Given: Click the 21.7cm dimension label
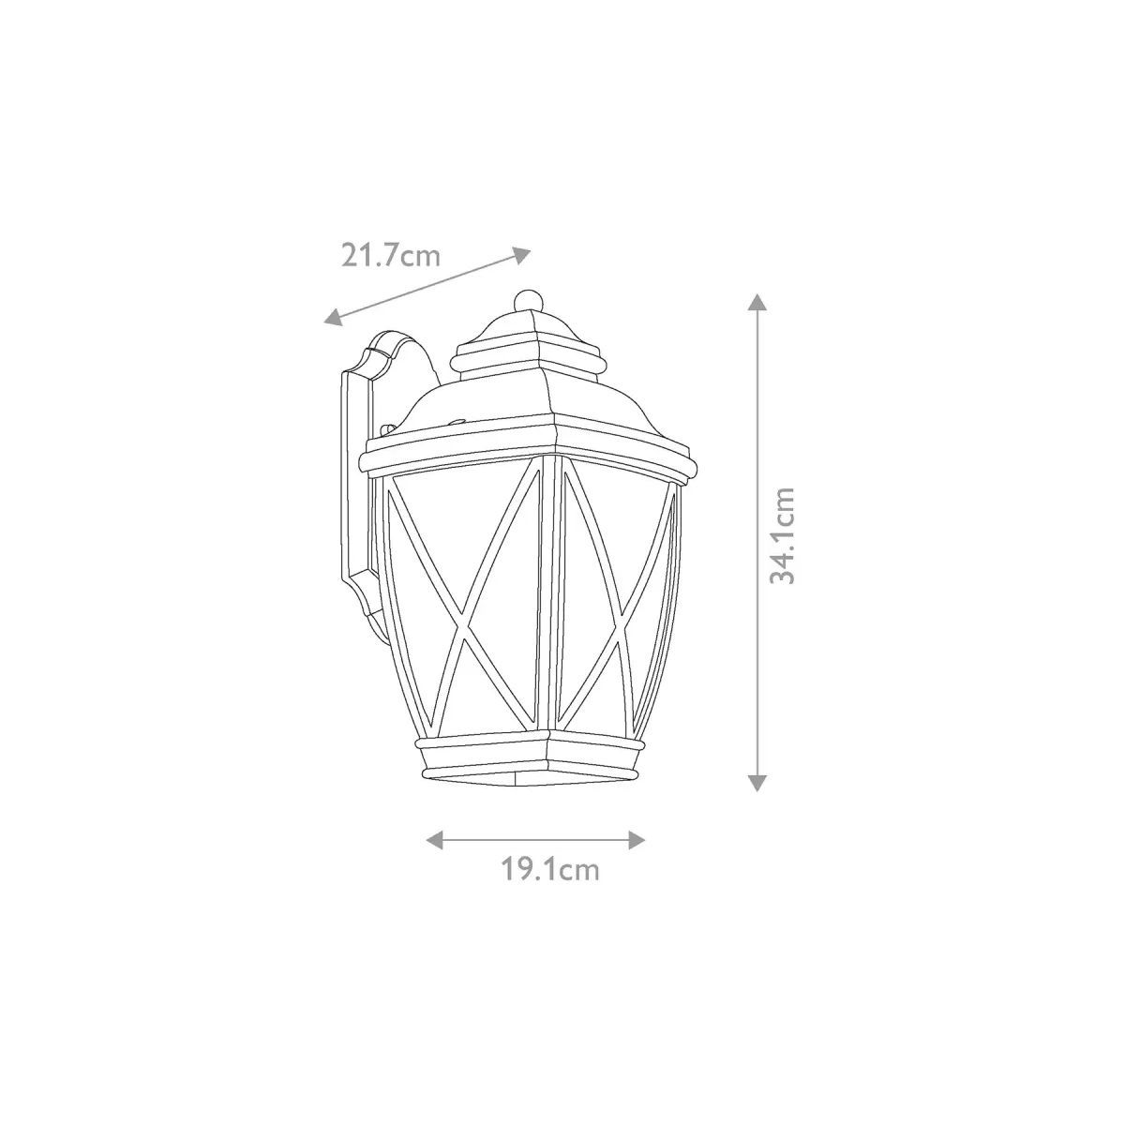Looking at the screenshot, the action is tap(390, 255).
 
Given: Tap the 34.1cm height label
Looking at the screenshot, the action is tap(782, 535).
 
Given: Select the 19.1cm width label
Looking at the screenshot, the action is tap(550, 886).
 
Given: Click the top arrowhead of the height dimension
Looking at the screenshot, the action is tap(757, 303).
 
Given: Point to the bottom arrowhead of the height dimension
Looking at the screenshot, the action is tap(757, 782).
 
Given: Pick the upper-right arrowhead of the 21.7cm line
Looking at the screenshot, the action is tap(521, 254).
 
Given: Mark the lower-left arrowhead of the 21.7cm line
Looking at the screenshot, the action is tap(334, 316).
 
